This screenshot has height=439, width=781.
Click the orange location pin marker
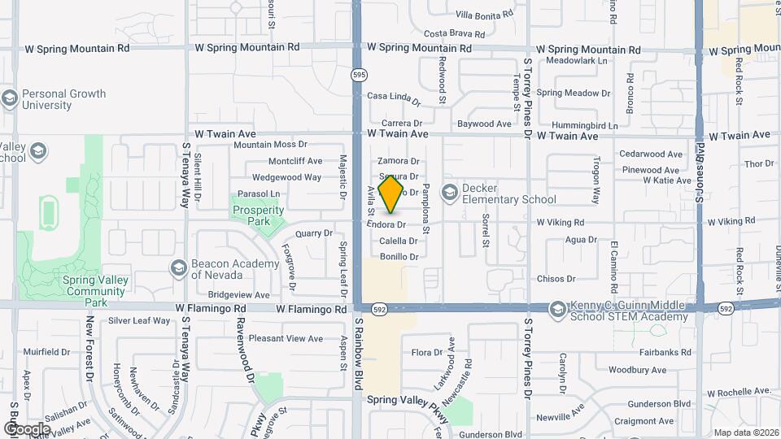[391, 194]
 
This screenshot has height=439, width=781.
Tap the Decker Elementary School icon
[449, 193]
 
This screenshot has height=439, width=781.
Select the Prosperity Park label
[258, 215]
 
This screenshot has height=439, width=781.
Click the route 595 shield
[360, 75]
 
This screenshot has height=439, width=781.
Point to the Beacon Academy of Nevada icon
[178, 267]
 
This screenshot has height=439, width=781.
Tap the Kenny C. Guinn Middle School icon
[557, 310]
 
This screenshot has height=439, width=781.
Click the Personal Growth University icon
[10, 99]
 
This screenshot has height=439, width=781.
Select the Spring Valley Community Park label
[73, 291]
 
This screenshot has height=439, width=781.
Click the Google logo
[27, 428]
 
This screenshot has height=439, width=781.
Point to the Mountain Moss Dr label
[270, 145]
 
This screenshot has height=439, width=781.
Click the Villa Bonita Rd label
[484, 15]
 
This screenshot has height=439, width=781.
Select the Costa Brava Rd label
[455, 34]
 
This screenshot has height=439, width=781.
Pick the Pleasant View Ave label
[286, 338]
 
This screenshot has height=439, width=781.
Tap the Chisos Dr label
[556, 279]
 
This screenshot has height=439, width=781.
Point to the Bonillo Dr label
[399, 257]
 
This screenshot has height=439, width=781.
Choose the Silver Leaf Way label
[139, 320]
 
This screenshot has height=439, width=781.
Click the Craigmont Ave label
[644, 421]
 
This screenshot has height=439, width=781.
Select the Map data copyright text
[744, 432]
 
